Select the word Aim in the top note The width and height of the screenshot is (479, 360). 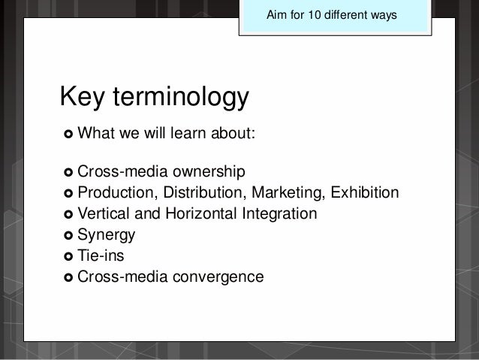pos(278,15)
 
